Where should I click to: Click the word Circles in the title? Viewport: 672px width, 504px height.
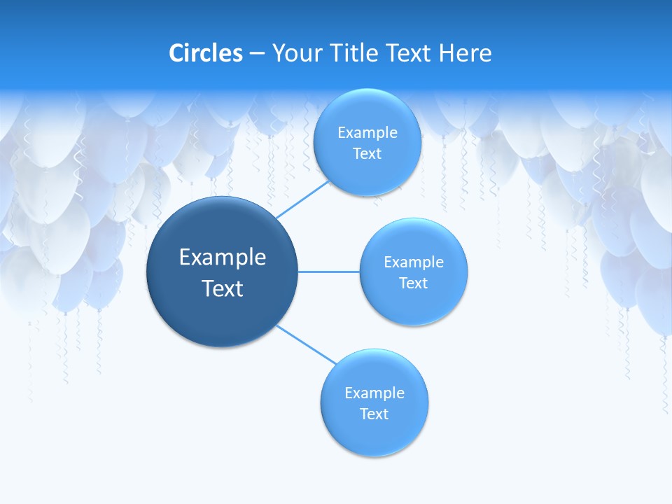pos(205,53)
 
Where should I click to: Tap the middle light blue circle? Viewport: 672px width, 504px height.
pos(413,304)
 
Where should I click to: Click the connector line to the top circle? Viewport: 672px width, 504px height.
pos(303,199)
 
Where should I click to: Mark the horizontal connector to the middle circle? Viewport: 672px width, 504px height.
pos(328,272)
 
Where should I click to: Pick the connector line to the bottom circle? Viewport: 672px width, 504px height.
pos(307,344)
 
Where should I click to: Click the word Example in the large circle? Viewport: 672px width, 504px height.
pos(223,258)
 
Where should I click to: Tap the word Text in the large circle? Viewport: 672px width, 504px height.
pos(223,288)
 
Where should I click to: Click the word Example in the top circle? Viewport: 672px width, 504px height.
pos(367,133)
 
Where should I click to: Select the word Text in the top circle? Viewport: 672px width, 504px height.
pos(367,154)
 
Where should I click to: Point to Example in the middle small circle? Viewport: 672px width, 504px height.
pos(413,262)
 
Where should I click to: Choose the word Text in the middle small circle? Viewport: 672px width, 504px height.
pos(413,283)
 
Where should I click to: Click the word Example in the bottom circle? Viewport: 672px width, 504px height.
pos(374,393)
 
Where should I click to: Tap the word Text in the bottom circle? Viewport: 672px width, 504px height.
pos(374,414)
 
